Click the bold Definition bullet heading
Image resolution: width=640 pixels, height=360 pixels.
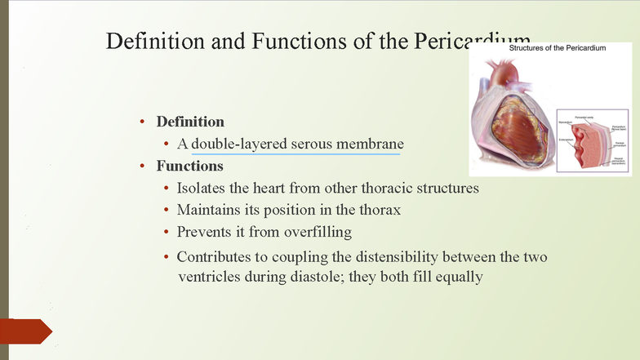pos(190,122)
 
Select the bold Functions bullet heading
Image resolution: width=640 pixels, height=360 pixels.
pos(189,166)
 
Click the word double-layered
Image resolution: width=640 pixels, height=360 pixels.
pos(238,144)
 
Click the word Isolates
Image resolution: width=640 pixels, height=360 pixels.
pos(202,188)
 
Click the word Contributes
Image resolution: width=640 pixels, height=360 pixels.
pos(215,256)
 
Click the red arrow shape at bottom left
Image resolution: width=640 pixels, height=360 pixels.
pos(28,331)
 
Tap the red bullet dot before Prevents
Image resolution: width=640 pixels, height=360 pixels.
pos(167,233)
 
